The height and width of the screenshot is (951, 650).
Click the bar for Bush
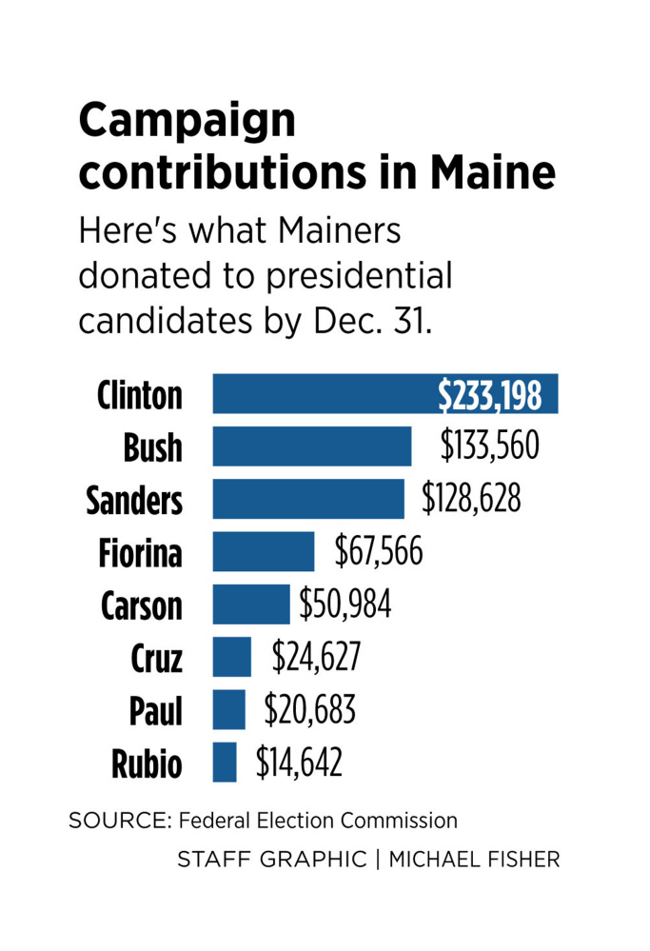click(x=311, y=446)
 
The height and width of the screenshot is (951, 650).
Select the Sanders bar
click(x=307, y=499)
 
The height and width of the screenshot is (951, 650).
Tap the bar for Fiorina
click(x=263, y=551)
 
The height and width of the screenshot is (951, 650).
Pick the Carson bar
click(x=250, y=604)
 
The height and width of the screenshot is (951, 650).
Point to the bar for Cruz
click(x=231, y=657)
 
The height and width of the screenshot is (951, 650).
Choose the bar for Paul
click(x=228, y=709)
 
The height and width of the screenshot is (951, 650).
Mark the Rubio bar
click(x=225, y=762)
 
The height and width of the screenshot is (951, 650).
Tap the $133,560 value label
click(x=490, y=446)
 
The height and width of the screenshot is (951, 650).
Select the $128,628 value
click(x=473, y=499)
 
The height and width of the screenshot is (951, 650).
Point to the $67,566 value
click(x=379, y=551)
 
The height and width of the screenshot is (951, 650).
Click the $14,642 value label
click(x=298, y=762)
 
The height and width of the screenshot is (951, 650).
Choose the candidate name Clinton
click(x=140, y=395)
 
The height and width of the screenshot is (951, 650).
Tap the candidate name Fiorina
click(x=140, y=552)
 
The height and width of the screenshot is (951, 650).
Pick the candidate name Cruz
click(x=156, y=657)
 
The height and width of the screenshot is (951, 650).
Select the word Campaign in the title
click(x=187, y=122)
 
